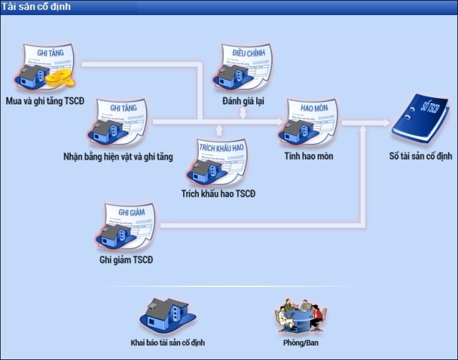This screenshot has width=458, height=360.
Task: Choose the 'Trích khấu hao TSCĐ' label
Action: point(218,194)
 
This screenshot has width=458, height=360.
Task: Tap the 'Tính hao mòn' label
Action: point(308,156)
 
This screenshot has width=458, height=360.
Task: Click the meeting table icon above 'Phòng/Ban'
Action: point(301,314)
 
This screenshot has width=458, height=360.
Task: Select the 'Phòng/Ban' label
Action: point(301,343)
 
